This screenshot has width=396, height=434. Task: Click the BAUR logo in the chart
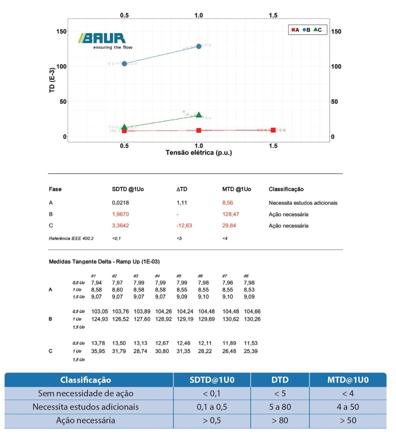(105, 41)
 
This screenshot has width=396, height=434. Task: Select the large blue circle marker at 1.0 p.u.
(199, 46)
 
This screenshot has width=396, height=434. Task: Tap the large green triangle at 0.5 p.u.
(124, 127)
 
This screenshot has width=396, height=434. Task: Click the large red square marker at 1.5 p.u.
(273, 130)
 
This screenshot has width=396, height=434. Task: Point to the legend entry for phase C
(317, 30)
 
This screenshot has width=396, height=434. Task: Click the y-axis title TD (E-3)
(52, 80)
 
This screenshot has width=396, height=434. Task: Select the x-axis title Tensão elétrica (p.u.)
(199, 153)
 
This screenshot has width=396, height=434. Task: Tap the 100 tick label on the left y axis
(61, 66)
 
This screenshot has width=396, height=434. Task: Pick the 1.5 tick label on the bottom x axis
(273, 146)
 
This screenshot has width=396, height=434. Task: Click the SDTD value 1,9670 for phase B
(120, 214)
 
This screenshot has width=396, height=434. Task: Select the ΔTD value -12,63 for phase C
(184, 225)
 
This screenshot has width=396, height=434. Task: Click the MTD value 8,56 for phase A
(228, 203)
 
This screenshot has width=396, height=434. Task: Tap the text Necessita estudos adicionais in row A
(303, 203)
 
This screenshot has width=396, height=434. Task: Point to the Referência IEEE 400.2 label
(71, 238)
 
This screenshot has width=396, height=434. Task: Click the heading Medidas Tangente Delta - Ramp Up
(104, 262)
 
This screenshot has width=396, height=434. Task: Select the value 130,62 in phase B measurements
(231, 319)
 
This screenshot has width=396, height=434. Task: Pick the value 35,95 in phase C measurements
(98, 351)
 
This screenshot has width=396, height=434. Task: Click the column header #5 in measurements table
(179, 276)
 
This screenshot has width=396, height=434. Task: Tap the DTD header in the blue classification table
(280, 380)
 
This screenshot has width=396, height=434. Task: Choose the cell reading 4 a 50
(348, 407)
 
